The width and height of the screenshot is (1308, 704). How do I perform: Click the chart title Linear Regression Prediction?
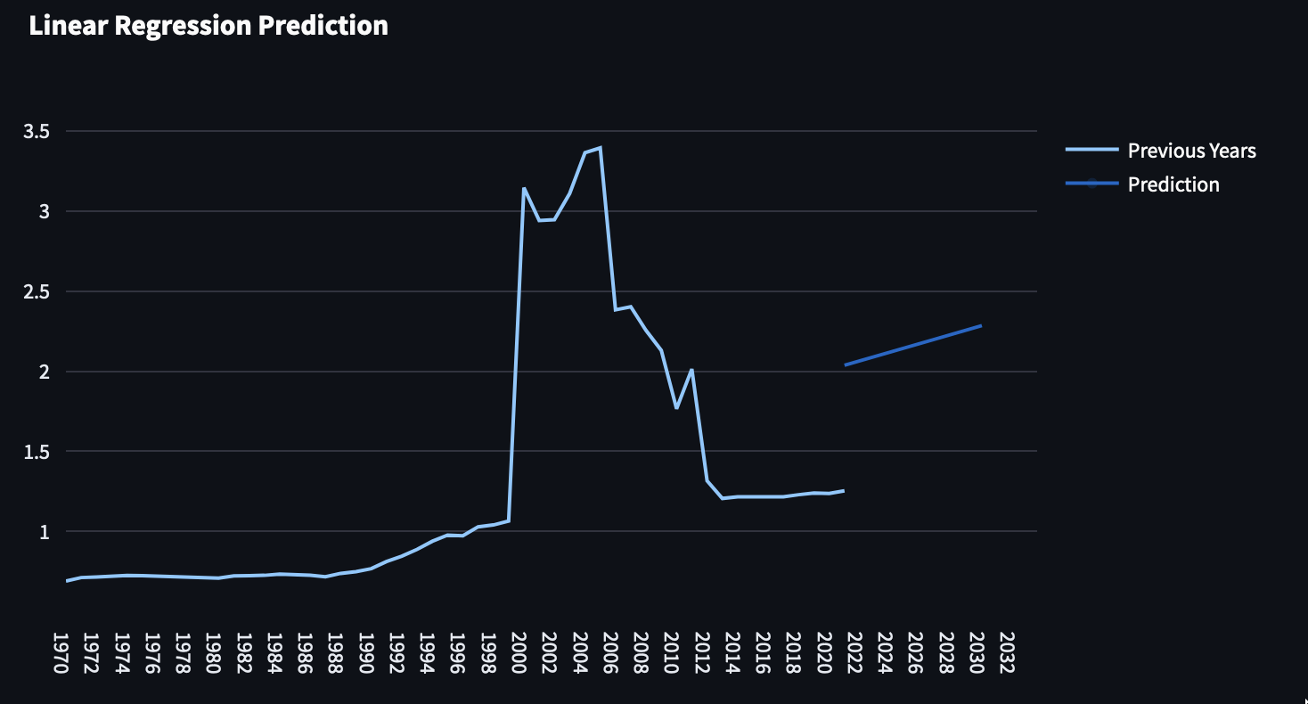coord(208,26)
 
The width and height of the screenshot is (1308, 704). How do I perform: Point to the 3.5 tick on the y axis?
coord(37,131)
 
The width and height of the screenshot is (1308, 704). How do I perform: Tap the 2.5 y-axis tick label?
coord(37,291)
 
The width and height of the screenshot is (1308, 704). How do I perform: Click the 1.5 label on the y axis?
coord(37,452)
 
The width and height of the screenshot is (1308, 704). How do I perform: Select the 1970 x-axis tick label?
coord(61,656)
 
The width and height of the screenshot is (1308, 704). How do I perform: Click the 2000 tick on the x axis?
coord(519,656)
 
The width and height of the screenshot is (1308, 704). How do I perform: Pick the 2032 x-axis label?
coord(1007,656)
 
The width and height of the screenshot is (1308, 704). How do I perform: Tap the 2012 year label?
coord(702,656)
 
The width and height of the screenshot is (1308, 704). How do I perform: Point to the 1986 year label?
coord(305,656)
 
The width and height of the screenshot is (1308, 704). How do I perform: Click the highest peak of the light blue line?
coord(601,148)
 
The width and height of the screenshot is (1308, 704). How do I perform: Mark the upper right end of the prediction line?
coord(981,325)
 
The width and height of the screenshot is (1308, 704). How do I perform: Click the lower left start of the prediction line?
coord(845,364)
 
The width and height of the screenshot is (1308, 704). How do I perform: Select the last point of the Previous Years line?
coord(843,490)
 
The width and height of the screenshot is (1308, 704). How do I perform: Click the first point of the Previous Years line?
coord(67,581)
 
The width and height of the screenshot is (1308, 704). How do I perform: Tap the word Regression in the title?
coord(191,26)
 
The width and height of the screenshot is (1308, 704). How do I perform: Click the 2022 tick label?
coord(854,656)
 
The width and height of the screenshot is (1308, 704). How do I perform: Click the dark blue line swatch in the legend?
coord(1091,184)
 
